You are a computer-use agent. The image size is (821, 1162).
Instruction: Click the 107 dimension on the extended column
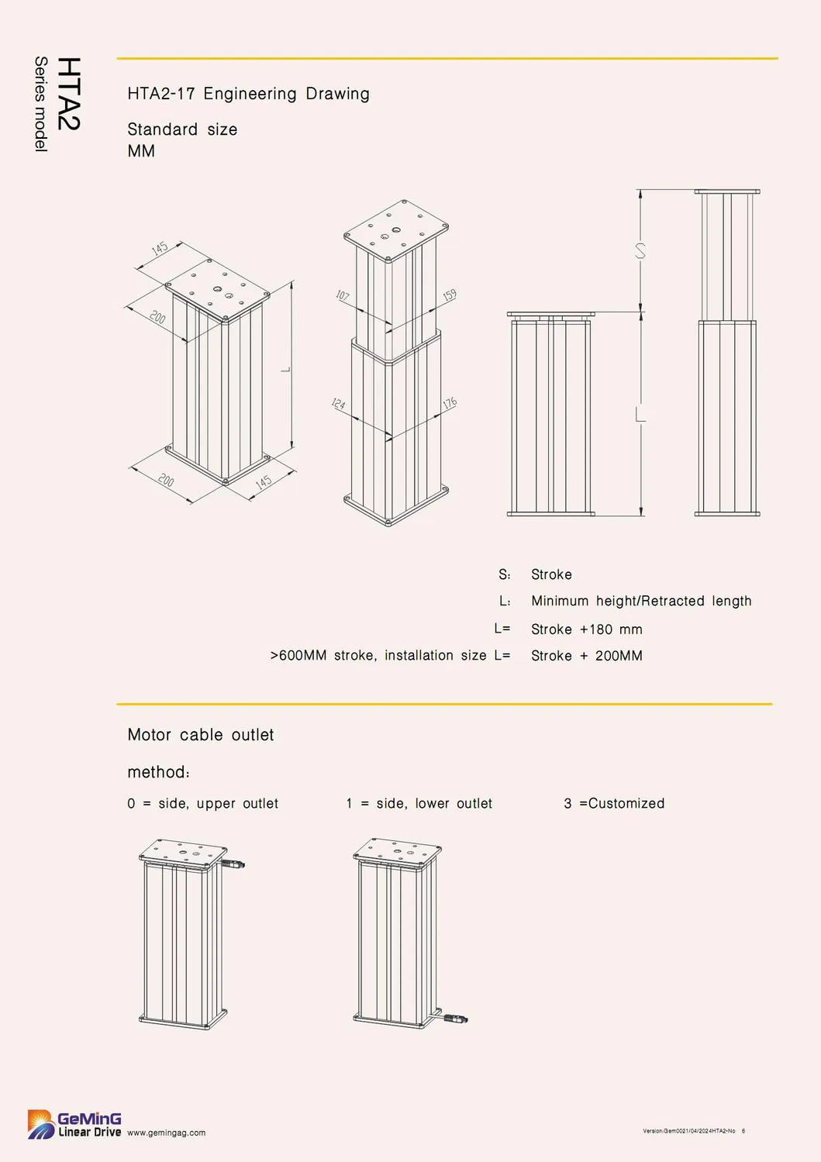pyautogui.click(x=343, y=296)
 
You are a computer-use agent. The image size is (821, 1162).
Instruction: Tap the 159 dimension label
pyautogui.click(x=450, y=295)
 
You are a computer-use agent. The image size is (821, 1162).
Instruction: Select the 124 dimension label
pyautogui.click(x=338, y=404)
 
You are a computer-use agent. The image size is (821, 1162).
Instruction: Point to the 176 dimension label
pyautogui.click(x=450, y=403)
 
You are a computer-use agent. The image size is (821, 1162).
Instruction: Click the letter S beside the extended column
pyautogui.click(x=640, y=251)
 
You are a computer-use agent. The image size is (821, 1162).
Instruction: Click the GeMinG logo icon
pyautogui.click(x=41, y=1124)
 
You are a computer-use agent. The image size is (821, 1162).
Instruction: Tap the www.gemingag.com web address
pyautogui.click(x=166, y=1133)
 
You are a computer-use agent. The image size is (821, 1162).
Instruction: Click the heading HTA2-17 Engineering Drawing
pyautogui.click(x=248, y=94)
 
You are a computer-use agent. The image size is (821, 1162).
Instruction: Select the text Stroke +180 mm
pyautogui.click(x=586, y=629)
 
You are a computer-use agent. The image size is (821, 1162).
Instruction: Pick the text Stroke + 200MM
pyautogui.click(x=586, y=656)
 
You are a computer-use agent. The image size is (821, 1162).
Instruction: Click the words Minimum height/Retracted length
pyautogui.click(x=641, y=601)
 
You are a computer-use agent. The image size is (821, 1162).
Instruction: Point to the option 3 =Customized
pyautogui.click(x=614, y=804)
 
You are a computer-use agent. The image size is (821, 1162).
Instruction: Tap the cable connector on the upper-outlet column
pyautogui.click(x=235, y=863)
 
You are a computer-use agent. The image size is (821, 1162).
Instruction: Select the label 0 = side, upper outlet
pyautogui.click(x=202, y=804)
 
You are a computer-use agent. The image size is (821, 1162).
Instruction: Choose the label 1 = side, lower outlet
pyautogui.click(x=419, y=804)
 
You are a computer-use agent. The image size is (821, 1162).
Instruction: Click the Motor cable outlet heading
pyautogui.click(x=200, y=735)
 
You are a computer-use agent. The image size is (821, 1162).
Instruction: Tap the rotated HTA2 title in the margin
pyautogui.click(x=69, y=93)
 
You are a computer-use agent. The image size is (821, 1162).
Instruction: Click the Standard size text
pyautogui.click(x=182, y=129)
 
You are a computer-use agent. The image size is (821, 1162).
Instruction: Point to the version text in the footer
pyautogui.click(x=689, y=1131)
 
